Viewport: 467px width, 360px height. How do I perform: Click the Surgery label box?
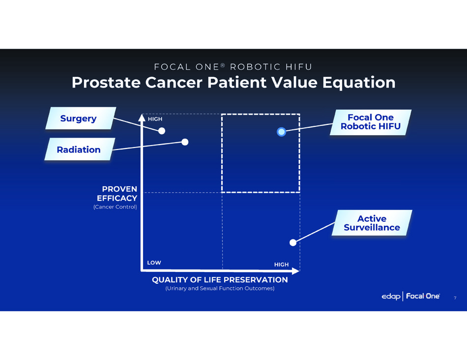81,119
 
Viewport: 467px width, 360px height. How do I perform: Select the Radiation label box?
80,149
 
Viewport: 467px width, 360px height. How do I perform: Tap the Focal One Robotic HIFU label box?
371,122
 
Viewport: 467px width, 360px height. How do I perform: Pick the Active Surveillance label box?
372,223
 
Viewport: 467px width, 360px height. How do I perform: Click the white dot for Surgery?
162,131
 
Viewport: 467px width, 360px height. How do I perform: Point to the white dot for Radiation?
185,142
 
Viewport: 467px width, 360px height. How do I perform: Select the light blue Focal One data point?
282,132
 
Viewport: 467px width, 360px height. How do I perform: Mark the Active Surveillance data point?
293,242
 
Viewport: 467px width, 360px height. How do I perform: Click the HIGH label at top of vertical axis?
155,119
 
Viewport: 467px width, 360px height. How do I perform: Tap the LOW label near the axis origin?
154,263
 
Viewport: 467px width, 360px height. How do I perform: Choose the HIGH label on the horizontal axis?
282,264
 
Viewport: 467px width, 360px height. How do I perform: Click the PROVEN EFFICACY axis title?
117,193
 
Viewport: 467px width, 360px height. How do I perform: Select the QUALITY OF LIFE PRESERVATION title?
220,279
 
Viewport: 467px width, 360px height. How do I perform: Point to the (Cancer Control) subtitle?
115,207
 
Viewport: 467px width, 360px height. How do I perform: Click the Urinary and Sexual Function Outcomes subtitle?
220,288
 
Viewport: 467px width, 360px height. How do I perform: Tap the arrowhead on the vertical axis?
142,117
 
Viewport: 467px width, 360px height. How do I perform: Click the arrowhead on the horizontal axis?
296,271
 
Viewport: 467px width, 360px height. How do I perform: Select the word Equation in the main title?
359,83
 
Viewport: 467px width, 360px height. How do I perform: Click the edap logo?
391,297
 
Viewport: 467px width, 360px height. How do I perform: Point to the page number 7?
455,298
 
